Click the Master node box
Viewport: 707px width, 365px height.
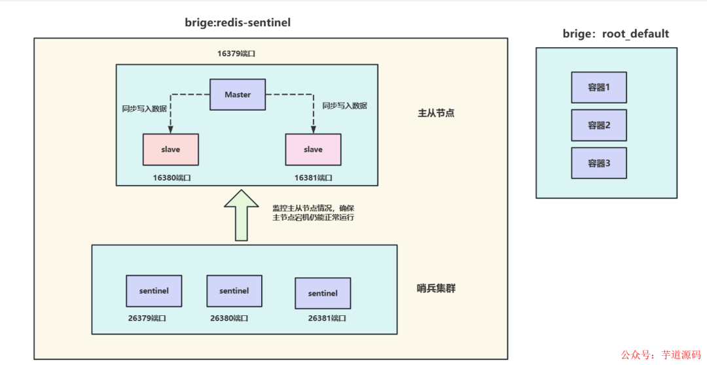point(238,94)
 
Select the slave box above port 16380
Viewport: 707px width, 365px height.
point(170,149)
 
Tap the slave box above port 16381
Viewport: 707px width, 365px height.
point(313,149)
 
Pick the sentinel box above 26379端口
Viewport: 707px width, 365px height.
point(154,290)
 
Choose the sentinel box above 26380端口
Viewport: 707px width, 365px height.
point(234,290)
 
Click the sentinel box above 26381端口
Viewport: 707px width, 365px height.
point(323,293)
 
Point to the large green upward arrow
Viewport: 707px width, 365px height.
point(241,215)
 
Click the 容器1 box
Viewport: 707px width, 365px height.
point(598,87)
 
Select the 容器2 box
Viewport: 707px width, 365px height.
point(598,125)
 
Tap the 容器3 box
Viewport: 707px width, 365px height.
point(598,163)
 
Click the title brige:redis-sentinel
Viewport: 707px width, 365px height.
point(238,23)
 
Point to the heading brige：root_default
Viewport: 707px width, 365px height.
point(616,34)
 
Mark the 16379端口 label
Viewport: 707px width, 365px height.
point(236,54)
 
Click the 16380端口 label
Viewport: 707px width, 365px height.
point(172,177)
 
